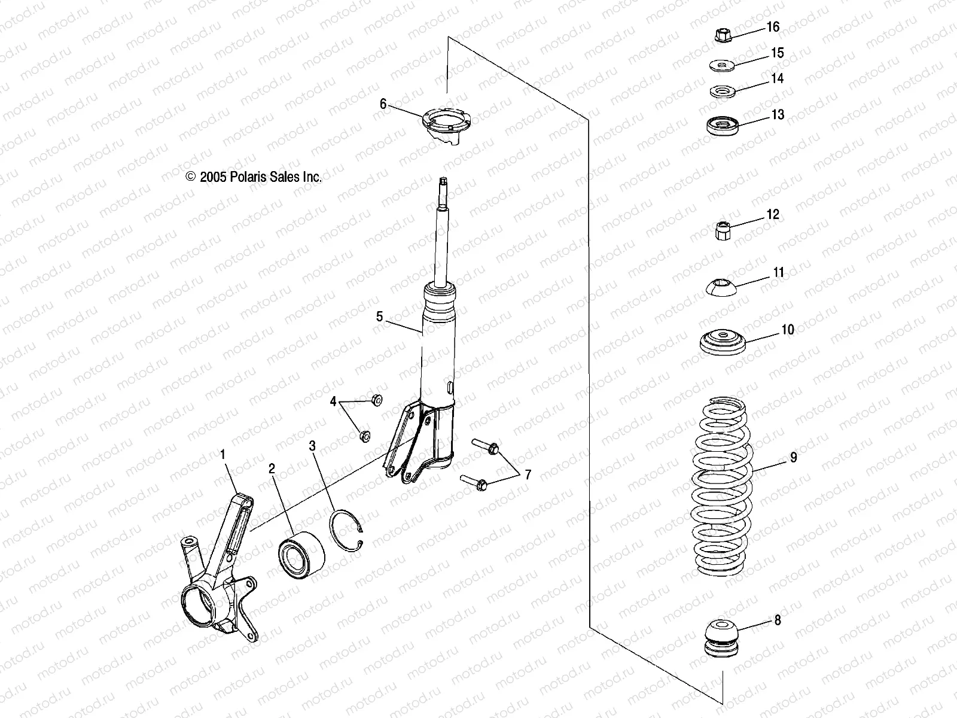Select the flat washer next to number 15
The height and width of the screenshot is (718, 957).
click(721, 65)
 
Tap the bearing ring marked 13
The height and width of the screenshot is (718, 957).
click(723, 126)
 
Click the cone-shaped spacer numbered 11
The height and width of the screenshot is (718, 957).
click(723, 286)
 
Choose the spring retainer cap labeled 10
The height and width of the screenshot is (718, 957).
click(723, 343)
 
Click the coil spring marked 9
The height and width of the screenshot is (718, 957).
click(723, 485)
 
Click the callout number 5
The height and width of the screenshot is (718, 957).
click(379, 317)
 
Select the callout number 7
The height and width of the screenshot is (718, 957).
click(528, 475)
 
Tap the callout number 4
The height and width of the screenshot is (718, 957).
click(333, 401)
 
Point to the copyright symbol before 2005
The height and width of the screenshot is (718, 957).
click(191, 177)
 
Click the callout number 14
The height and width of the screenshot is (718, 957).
click(777, 78)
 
